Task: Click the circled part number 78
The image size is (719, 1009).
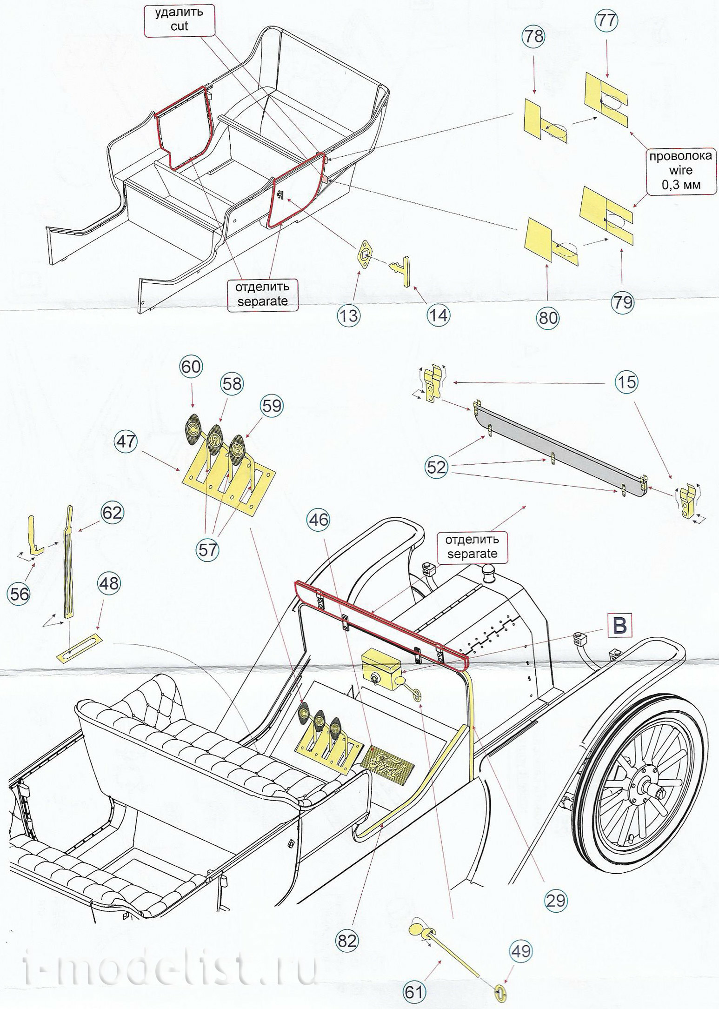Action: [x=533, y=37]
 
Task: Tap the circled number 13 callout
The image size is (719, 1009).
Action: [x=349, y=315]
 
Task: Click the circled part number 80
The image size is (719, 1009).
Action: [x=548, y=319]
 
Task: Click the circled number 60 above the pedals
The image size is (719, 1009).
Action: [x=191, y=367]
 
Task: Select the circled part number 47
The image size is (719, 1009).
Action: [x=126, y=441]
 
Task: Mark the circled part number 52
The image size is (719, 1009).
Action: [x=436, y=467]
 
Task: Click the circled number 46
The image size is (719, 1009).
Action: [x=319, y=520]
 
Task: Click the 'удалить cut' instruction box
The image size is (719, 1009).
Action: [x=179, y=19]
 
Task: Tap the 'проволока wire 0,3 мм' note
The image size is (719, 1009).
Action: [x=680, y=171]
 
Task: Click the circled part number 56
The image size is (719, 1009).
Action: [x=19, y=594]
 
